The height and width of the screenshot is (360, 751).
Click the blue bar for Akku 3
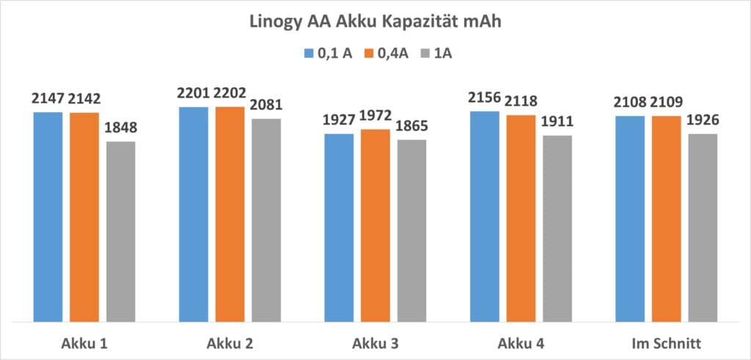339,227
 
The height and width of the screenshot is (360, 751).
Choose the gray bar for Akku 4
557,228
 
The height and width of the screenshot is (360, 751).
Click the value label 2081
265,105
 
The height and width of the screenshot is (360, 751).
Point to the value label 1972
375,115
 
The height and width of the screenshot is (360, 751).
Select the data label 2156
484,98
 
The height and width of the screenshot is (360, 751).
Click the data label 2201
194,93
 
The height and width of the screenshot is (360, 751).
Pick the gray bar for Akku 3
411,230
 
